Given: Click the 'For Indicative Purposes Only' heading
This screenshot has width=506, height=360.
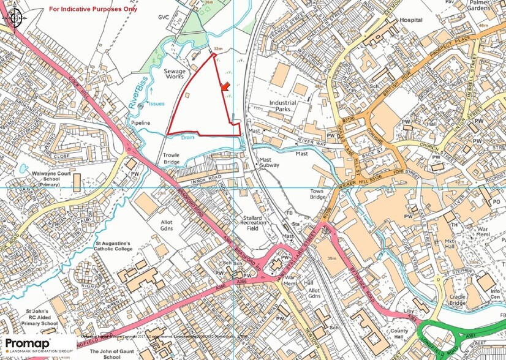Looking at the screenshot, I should (x=93, y=9).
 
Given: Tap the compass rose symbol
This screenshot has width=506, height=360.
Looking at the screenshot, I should (x=13, y=18).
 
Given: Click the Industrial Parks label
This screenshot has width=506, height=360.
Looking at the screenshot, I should (x=283, y=107).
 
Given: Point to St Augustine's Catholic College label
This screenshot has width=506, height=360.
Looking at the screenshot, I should (x=121, y=247).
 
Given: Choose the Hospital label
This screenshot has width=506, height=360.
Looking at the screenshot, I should (x=411, y=20).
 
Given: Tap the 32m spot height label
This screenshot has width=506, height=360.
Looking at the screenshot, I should (x=217, y=48).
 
